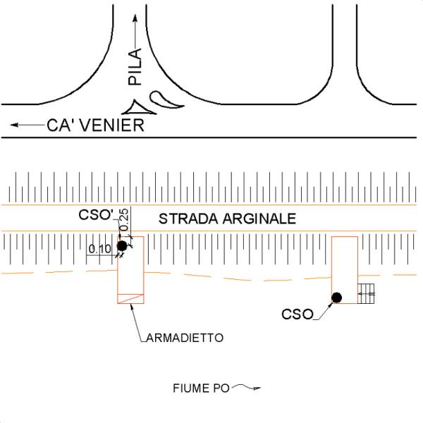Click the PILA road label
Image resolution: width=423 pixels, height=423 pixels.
[x=136, y=67]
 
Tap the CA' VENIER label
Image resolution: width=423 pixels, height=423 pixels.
[x=95, y=126]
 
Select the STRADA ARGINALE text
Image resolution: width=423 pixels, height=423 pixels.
[x=226, y=219]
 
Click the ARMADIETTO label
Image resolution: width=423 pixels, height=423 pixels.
[x=185, y=338]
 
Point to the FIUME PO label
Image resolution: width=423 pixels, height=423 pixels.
[x=196, y=388]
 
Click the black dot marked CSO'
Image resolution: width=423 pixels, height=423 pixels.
[x=122, y=245]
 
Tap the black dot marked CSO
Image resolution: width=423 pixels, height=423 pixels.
[x=337, y=298]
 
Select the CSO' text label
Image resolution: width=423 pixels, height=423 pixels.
[x=97, y=216]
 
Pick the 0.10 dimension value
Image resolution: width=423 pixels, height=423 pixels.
[x=100, y=249]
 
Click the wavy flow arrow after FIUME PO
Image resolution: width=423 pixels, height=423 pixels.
[x=247, y=386]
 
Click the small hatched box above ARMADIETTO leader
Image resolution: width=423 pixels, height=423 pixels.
[x=130, y=298]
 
